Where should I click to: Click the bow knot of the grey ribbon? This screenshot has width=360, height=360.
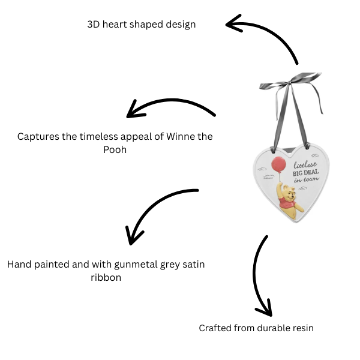point(295,81)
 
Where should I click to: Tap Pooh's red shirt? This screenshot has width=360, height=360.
point(289,206)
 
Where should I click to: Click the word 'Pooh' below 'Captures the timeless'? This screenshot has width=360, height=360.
point(115,149)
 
